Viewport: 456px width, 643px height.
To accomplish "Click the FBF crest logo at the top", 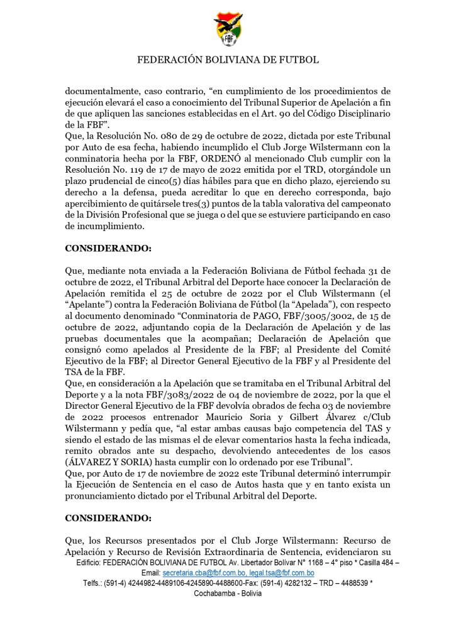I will tap(228, 29).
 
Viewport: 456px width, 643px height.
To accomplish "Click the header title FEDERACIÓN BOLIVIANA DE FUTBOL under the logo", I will tap(228, 60).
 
